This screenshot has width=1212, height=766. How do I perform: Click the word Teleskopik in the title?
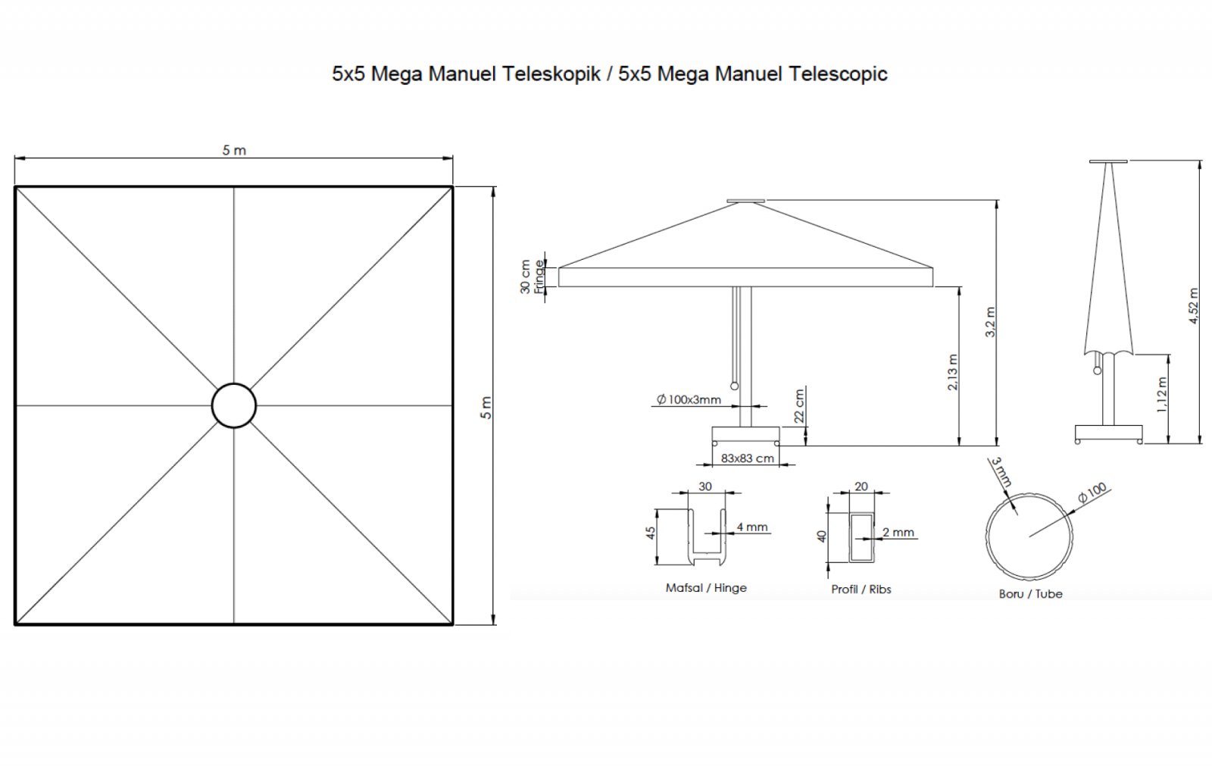(551, 73)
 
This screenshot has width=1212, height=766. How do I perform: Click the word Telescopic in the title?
(838, 73)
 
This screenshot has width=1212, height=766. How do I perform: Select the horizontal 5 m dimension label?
(234, 150)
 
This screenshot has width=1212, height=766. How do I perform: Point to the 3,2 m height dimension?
(990, 322)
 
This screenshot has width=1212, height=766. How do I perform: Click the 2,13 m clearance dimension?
(953, 372)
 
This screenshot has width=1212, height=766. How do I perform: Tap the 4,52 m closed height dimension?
(1194, 306)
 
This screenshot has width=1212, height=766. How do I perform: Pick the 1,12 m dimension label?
(1162, 395)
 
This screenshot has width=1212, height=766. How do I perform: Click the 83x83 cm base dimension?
(747, 458)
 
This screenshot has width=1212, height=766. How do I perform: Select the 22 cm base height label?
(799, 406)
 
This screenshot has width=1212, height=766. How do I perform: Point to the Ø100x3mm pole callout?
(689, 399)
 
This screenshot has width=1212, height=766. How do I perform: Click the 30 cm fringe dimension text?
(525, 277)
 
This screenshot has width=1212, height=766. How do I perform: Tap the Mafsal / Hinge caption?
(706, 588)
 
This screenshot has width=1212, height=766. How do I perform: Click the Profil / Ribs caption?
(861, 589)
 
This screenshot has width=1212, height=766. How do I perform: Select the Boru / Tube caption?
(1031, 594)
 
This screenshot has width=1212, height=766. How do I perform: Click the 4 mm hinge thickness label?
(752, 527)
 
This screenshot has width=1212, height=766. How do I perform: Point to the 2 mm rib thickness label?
(898, 532)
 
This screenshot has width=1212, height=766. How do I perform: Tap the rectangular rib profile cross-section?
(861, 537)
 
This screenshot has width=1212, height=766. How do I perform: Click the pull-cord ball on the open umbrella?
(734, 386)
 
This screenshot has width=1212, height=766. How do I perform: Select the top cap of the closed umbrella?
(1109, 161)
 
